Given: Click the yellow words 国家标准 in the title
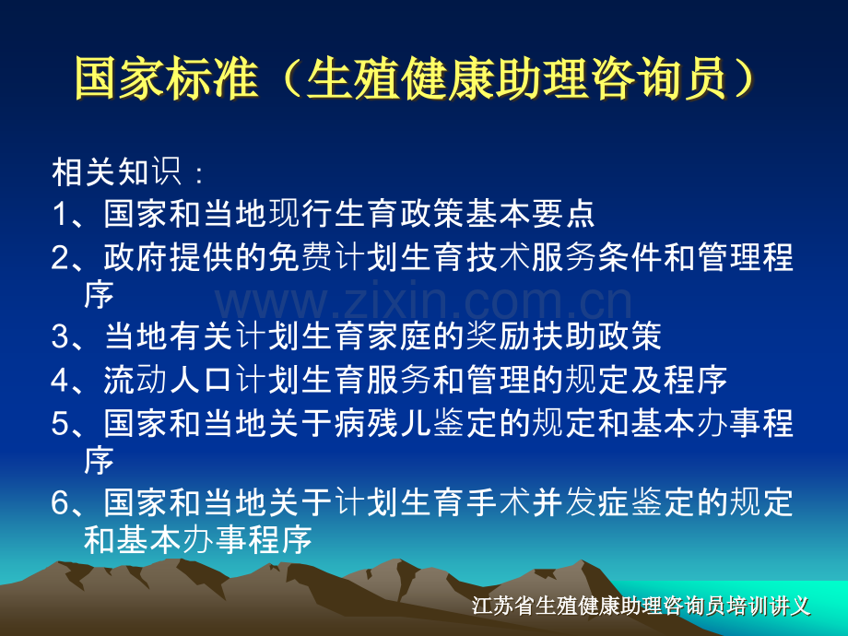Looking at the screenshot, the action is click(x=167, y=78).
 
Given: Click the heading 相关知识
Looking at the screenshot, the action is click(x=116, y=172).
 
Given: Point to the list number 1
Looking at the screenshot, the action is click(x=60, y=214).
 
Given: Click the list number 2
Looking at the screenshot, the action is click(x=60, y=257).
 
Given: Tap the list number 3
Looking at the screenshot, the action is click(x=60, y=336).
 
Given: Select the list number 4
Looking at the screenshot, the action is click(x=60, y=380).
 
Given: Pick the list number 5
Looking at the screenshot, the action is click(x=60, y=423).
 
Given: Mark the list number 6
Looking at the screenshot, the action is click(x=60, y=502).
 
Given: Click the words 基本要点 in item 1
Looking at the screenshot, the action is click(x=530, y=214).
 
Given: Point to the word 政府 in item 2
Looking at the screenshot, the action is click(x=135, y=257).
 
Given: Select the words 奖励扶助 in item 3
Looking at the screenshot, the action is click(x=530, y=336).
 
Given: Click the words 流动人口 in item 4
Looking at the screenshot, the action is click(x=168, y=380).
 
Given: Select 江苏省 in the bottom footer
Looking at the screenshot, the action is click(x=503, y=606).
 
